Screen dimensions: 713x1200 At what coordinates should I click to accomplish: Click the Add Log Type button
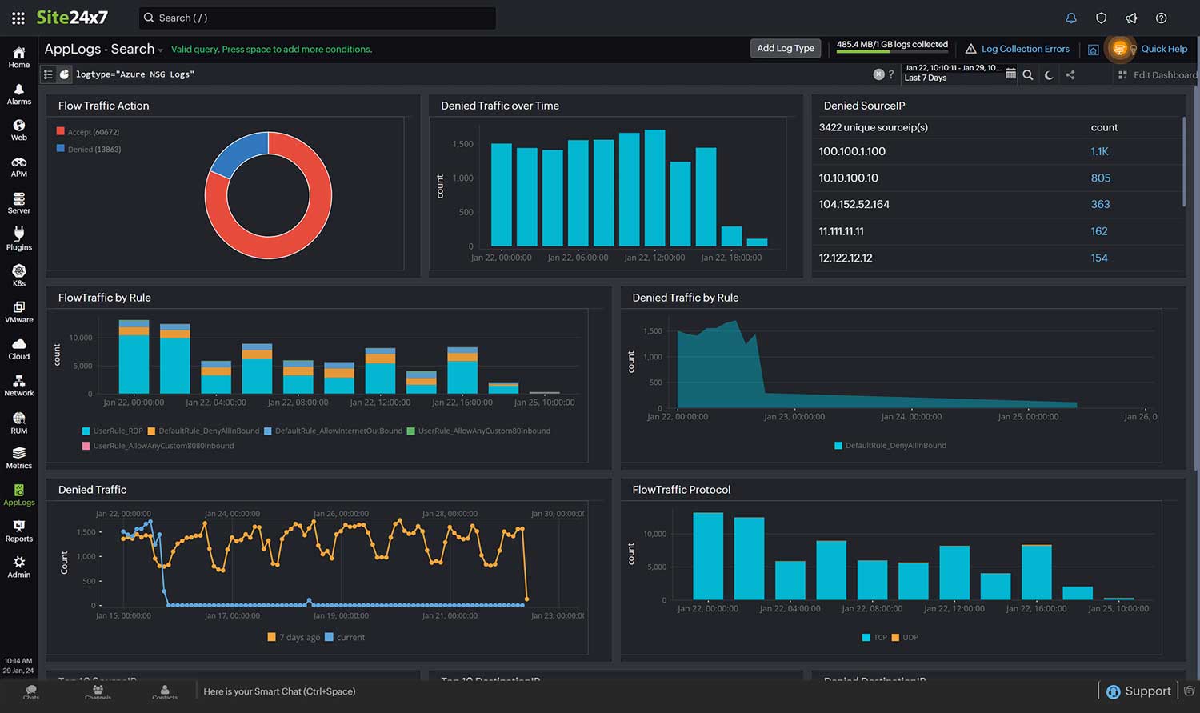pos(785,49)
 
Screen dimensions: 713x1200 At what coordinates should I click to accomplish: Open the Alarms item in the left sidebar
pos(19,94)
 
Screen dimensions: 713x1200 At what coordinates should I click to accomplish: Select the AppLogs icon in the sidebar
pos(19,495)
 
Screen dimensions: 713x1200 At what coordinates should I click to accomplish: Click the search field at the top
pos(318,18)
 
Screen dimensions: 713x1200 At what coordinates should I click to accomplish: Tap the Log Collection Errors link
pos(1024,49)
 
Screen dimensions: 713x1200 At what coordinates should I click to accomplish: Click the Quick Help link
pos(1163,49)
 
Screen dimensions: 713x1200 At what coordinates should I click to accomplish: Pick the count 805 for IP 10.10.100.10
pos(1100,178)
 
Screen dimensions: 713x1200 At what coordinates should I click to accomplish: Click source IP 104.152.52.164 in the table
pos(854,204)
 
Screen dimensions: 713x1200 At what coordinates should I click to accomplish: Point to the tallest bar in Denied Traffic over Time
pos(654,187)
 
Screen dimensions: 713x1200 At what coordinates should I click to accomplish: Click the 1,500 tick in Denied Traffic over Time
pos(462,144)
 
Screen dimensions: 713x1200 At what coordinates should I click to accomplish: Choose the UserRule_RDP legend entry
pos(117,431)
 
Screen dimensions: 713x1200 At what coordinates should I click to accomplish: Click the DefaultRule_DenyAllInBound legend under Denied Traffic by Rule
pos(894,446)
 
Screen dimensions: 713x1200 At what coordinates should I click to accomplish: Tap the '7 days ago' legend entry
pos(298,638)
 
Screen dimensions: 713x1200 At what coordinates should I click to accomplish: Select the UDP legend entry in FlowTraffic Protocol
pos(910,638)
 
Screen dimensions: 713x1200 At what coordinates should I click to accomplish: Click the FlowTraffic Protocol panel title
pos(681,490)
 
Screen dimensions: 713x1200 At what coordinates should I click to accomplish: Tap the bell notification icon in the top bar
pos(1071,18)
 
